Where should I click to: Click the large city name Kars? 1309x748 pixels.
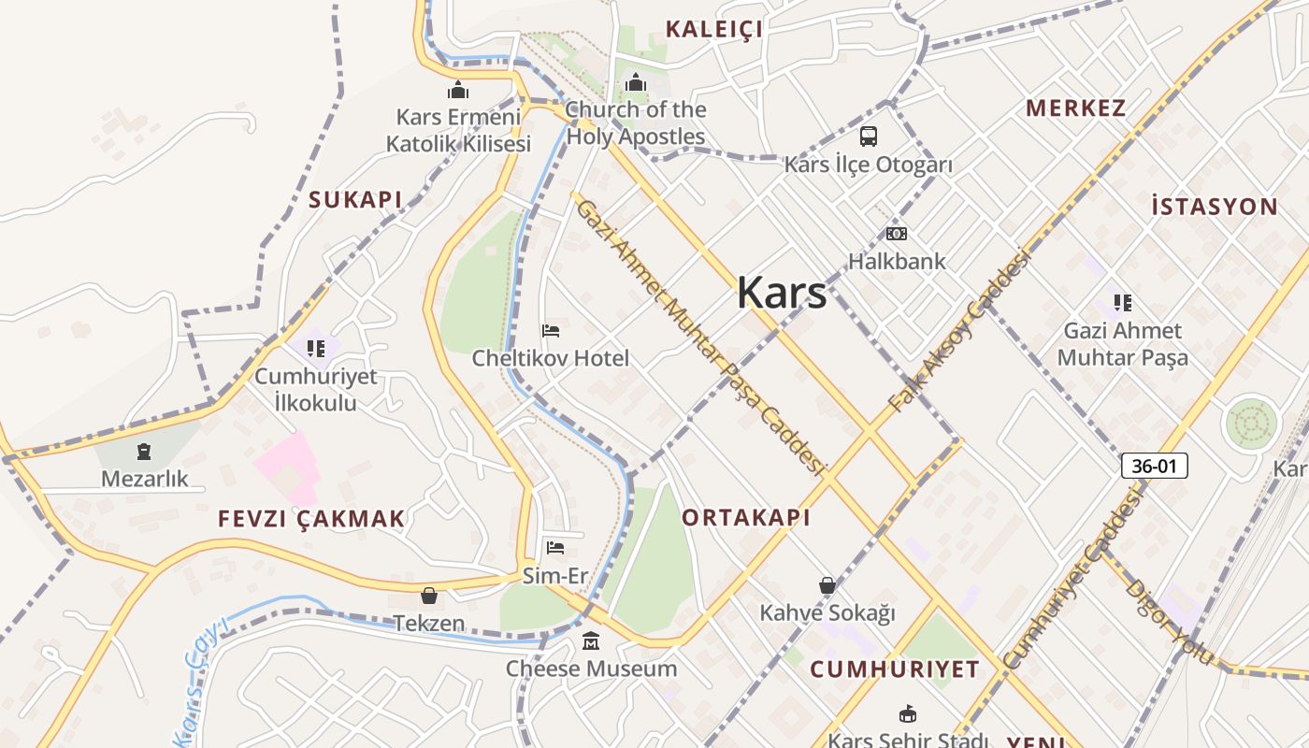(782, 293)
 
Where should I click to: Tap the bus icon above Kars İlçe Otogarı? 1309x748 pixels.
(869, 137)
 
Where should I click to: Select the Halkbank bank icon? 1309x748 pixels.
(897, 234)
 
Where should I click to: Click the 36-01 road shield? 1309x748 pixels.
(1154, 466)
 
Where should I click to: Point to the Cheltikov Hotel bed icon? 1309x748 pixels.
(551, 331)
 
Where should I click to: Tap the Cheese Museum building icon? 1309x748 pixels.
(591, 641)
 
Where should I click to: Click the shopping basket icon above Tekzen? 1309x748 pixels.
(429, 596)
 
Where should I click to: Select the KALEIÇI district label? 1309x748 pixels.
(713, 29)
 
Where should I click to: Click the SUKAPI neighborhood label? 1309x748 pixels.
(355, 199)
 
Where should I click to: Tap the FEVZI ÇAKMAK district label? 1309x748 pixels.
(311, 519)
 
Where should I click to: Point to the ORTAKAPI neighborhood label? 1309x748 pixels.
(745, 517)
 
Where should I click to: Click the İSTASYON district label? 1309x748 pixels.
(1214, 207)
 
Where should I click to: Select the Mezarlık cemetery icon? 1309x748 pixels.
(143, 453)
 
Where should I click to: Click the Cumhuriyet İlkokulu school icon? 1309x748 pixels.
(316, 349)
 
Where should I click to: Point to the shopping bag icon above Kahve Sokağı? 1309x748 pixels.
(827, 586)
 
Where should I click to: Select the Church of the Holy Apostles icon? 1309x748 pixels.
(636, 82)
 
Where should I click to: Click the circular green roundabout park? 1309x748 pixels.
(1251, 424)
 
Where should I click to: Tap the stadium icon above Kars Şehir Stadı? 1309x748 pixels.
(906, 714)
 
